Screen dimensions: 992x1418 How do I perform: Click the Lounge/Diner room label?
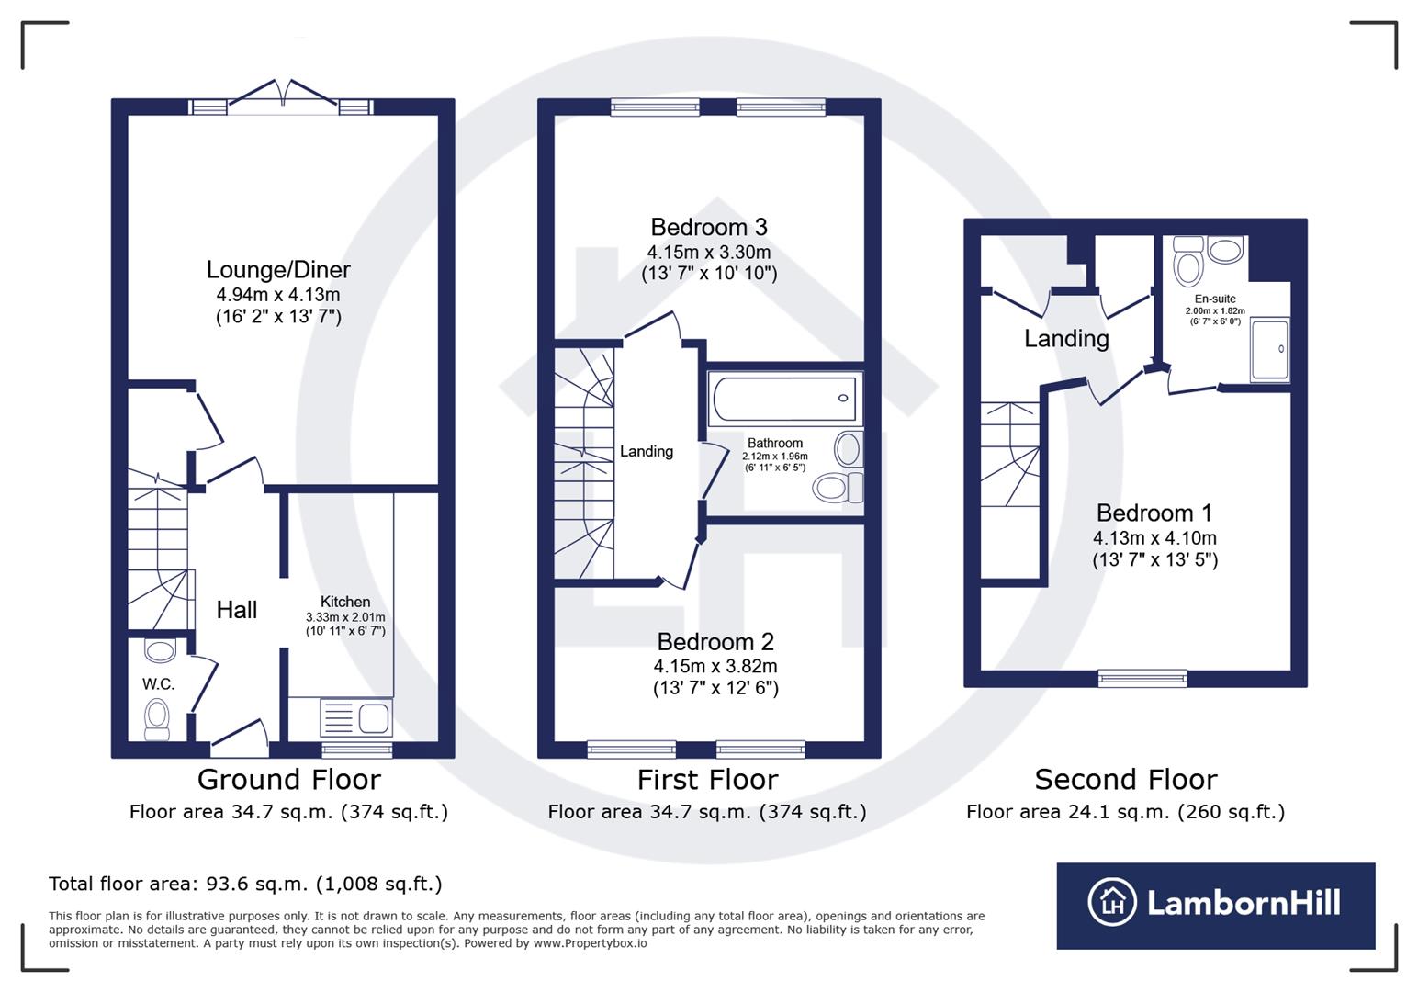pyautogui.click(x=278, y=269)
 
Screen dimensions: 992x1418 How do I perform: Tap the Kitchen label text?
pyautogui.click(x=345, y=602)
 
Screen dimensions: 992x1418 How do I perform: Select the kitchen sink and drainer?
pyautogui.click(x=355, y=717)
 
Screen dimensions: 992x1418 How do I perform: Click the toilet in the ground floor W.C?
pyautogui.click(x=158, y=717)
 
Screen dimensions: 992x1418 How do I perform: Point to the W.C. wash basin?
pyautogui.click(x=160, y=651)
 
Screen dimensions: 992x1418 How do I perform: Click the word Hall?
pyautogui.click(x=237, y=609)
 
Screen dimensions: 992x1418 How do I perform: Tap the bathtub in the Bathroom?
pyautogui.click(x=785, y=399)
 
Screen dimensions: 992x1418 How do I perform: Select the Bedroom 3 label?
pyautogui.click(x=708, y=227)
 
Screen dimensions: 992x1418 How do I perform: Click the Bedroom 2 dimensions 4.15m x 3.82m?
pyautogui.click(x=715, y=666)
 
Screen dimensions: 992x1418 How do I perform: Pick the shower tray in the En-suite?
pyautogui.click(x=1270, y=349)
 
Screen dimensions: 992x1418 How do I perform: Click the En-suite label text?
pyautogui.click(x=1215, y=299)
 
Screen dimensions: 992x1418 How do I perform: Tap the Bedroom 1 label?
pyautogui.click(x=1154, y=513)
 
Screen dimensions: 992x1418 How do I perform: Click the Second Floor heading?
pyautogui.click(x=1125, y=780)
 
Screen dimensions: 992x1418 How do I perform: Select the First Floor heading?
pyautogui.click(x=707, y=780)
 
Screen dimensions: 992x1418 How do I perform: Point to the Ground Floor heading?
pyautogui.click(x=288, y=780)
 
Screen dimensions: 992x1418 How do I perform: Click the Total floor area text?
pyautogui.click(x=245, y=884)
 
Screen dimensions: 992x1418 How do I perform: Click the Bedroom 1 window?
pyautogui.click(x=1142, y=679)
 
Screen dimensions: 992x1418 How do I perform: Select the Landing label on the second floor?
pyautogui.click(x=1066, y=339)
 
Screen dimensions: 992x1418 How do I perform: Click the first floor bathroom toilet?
pyautogui.click(x=837, y=487)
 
